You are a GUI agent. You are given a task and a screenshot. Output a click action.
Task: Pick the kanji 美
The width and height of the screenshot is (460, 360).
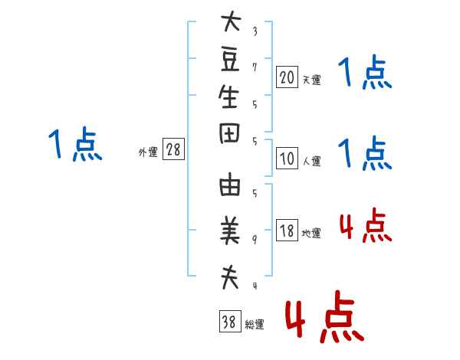click(230, 230)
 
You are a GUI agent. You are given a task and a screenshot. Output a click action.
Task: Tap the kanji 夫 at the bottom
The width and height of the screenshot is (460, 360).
click(230, 278)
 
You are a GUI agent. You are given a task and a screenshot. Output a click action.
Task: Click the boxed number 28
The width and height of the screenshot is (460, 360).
click(174, 150)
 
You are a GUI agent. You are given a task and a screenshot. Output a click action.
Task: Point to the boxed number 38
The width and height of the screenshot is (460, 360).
click(228, 322)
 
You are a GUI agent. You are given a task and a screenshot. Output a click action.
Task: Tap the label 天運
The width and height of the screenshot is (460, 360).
click(311, 79)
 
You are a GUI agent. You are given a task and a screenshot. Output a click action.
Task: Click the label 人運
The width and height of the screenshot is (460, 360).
click(311, 161)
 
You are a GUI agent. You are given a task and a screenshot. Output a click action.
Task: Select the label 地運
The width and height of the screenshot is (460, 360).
click(311, 234)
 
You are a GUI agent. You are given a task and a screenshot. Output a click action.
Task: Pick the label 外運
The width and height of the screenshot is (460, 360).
click(148, 152)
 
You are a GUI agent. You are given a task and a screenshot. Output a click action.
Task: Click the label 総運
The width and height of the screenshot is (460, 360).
click(254, 325)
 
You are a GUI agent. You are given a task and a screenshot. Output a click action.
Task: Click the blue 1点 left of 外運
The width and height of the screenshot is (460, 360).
click(75, 146)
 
